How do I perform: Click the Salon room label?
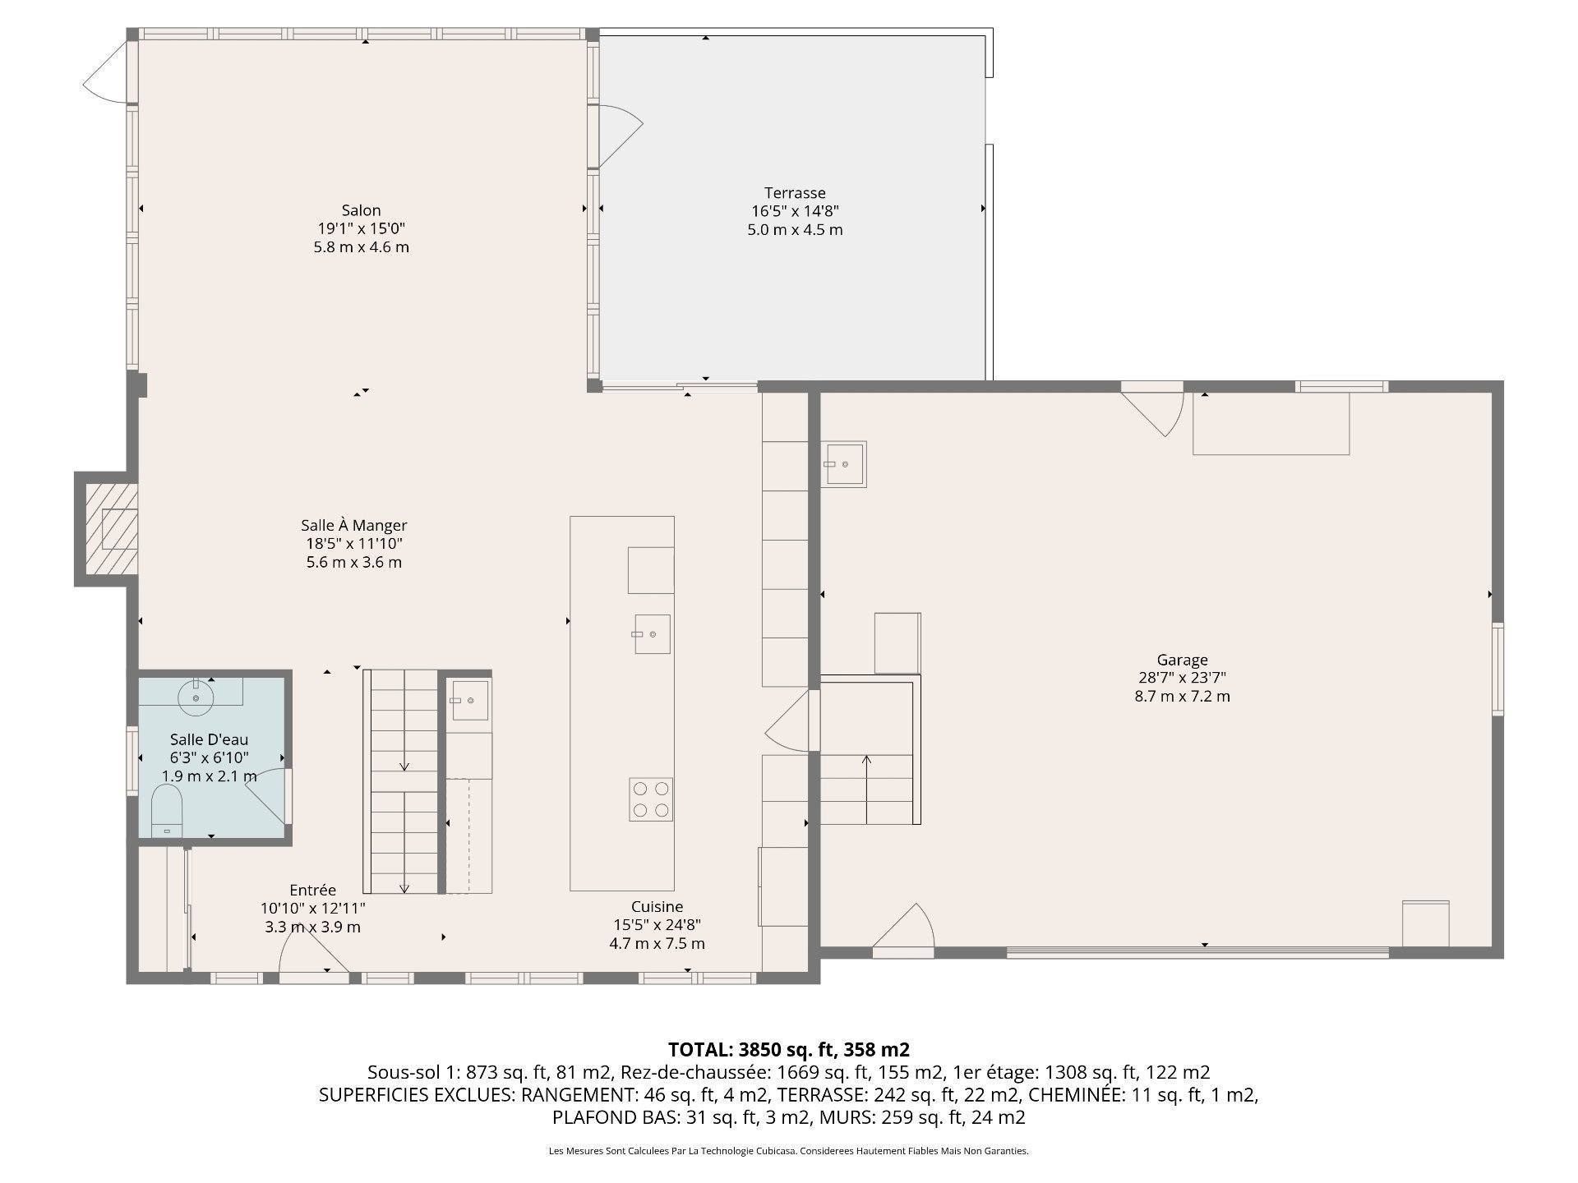click(361, 210)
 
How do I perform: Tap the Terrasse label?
click(795, 193)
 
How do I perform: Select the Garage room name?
click(1182, 660)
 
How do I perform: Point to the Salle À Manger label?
click(353, 525)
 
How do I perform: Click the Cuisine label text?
click(657, 907)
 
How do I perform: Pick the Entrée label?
click(312, 890)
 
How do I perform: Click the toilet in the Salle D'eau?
click(167, 811)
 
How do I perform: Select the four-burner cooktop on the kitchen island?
click(651, 799)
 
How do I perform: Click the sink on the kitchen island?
click(652, 634)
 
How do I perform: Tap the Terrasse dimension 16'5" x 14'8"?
click(795, 211)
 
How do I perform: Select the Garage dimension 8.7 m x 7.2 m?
click(1182, 697)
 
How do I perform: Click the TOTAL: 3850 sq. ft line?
click(789, 1049)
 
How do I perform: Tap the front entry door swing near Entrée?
click(313, 953)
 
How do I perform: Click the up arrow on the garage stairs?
click(866, 789)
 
